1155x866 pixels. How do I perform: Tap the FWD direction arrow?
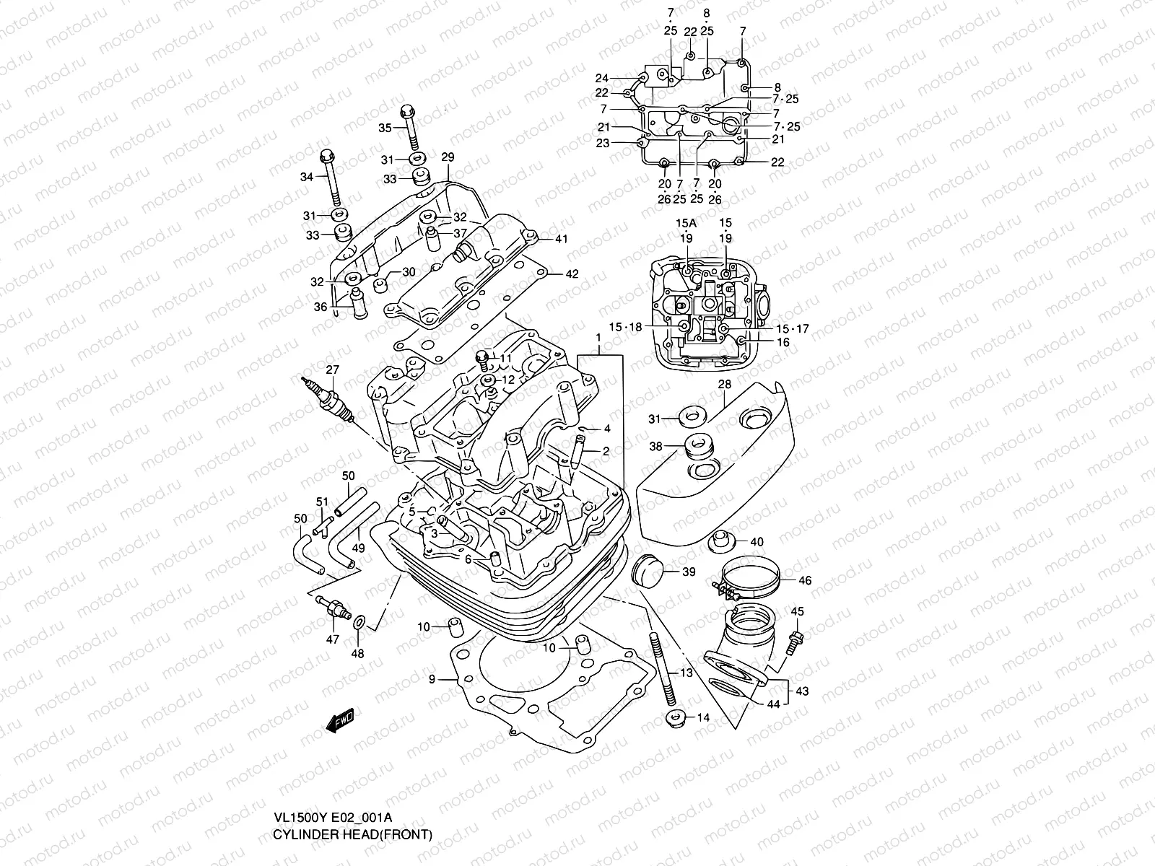pos(339,720)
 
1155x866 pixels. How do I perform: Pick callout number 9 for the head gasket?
pos(432,679)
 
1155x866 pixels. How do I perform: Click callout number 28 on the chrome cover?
pos(725,385)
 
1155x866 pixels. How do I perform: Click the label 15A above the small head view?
pos(686,222)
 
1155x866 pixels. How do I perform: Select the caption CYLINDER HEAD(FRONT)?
pos(352,835)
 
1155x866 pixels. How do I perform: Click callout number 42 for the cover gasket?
pos(572,274)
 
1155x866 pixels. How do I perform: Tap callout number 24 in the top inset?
pos(602,78)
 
